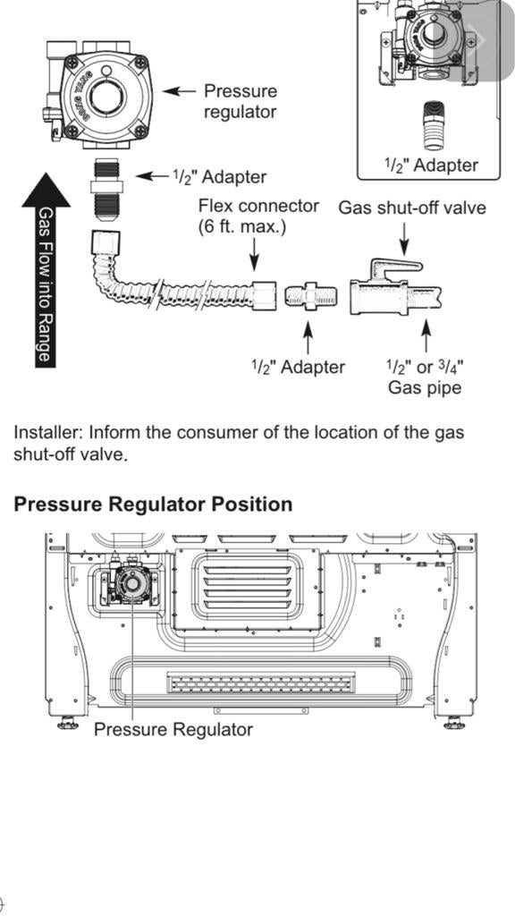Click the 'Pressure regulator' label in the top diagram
coord(240,100)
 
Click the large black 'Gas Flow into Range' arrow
coord(46,268)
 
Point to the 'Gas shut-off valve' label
coord(411,208)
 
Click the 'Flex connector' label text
coord(257,206)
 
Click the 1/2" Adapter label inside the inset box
coord(431,165)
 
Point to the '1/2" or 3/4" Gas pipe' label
coord(424,377)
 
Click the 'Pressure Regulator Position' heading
coord(153,504)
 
